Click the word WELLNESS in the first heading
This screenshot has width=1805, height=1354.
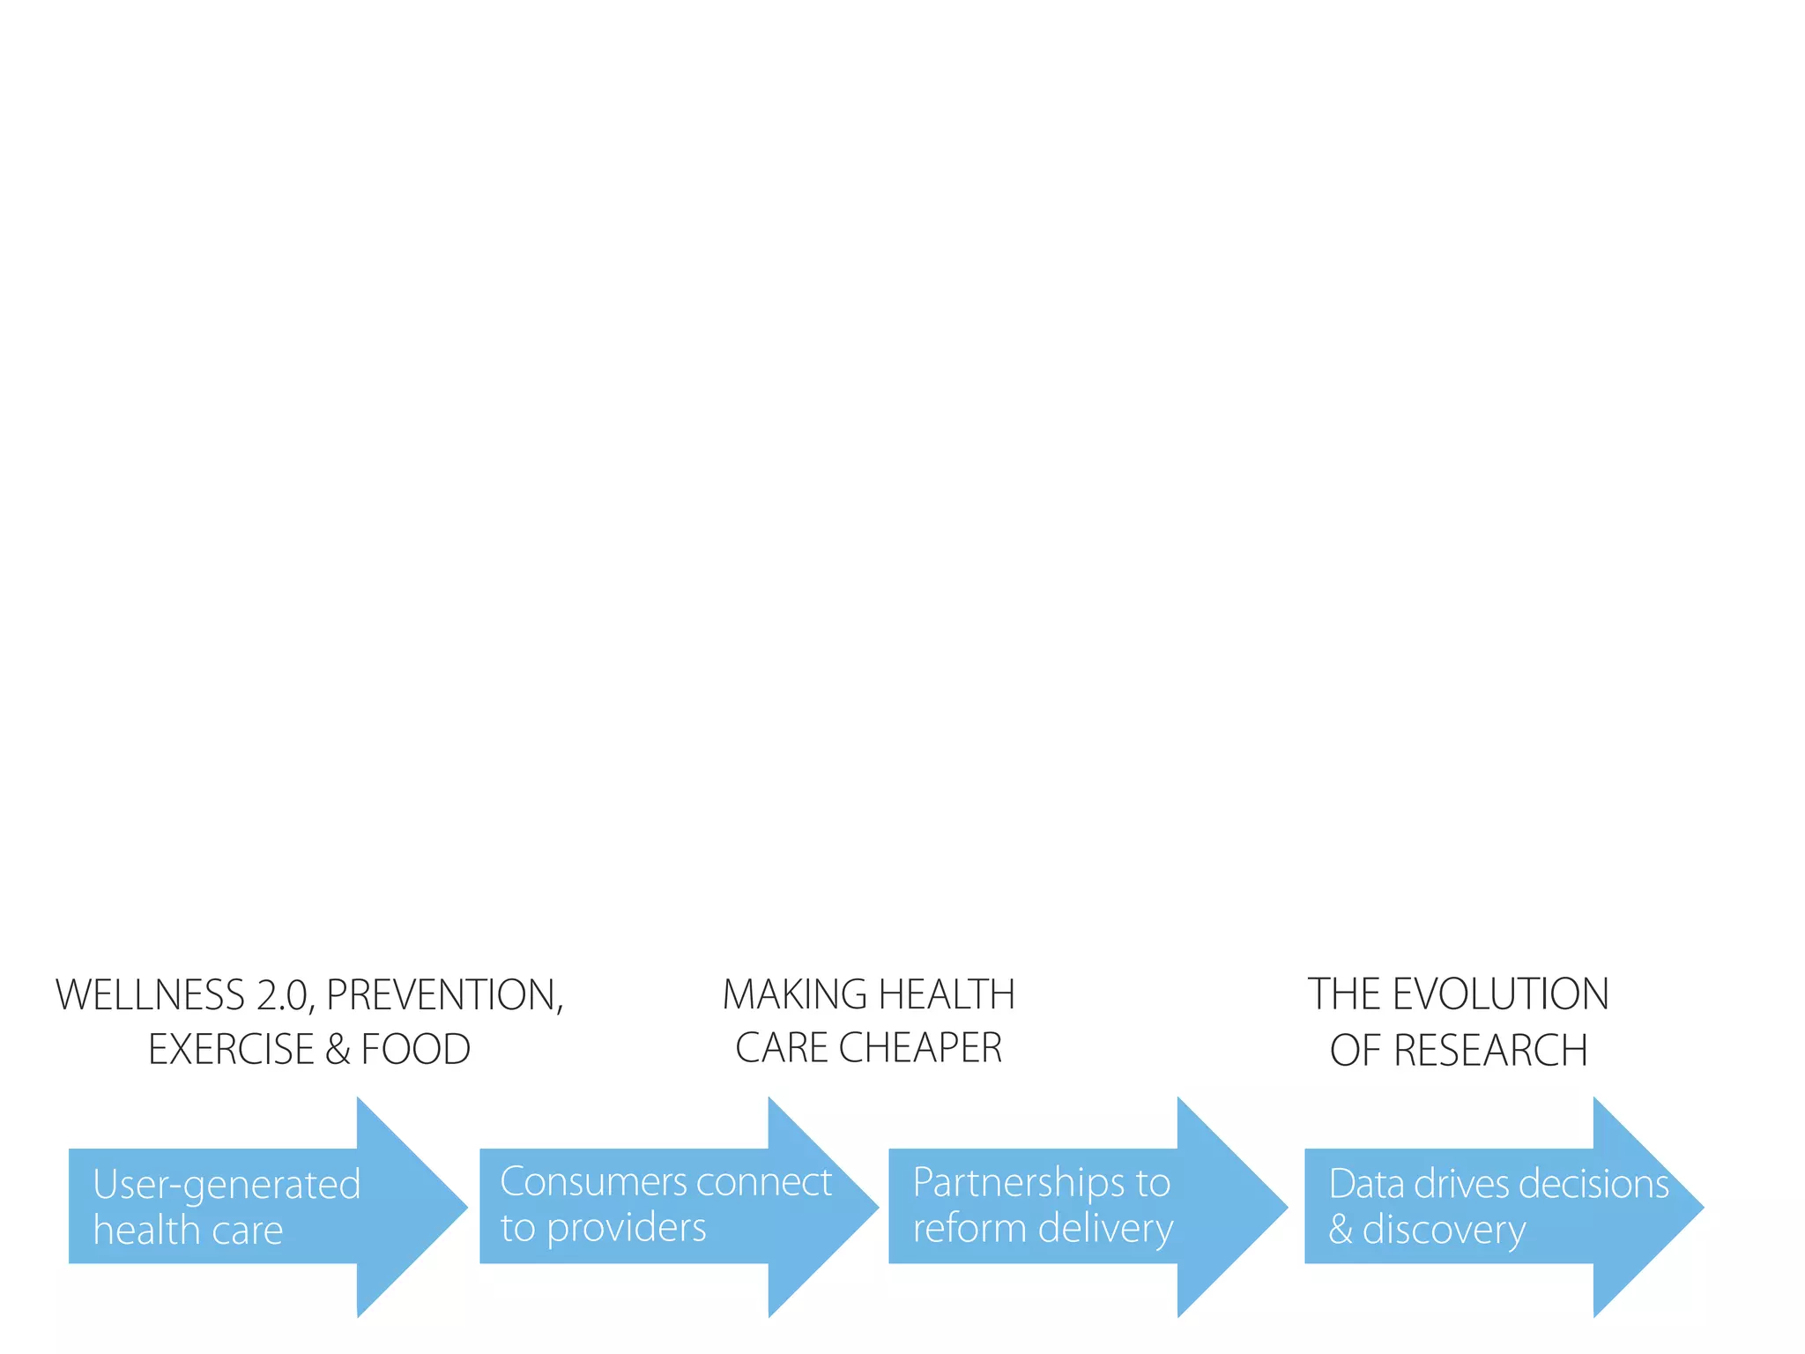point(150,995)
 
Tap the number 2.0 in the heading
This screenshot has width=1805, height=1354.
point(285,995)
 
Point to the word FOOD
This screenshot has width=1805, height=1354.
point(416,1050)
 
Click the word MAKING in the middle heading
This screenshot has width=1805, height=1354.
point(795,995)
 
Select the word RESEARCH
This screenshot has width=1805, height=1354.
point(1490,1051)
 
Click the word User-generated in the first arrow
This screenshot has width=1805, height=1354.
point(227,1186)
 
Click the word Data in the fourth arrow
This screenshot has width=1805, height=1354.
point(1366,1184)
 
